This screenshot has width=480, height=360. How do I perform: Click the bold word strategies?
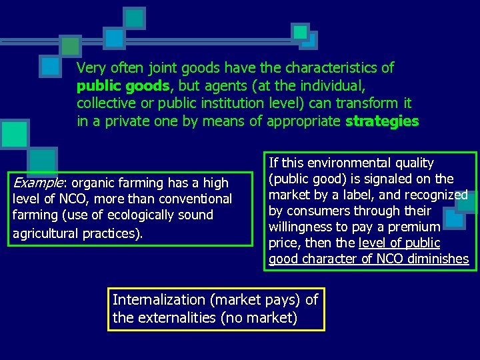(x=382, y=121)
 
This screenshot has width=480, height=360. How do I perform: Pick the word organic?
(x=97, y=183)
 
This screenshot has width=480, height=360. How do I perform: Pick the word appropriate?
(x=303, y=121)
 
